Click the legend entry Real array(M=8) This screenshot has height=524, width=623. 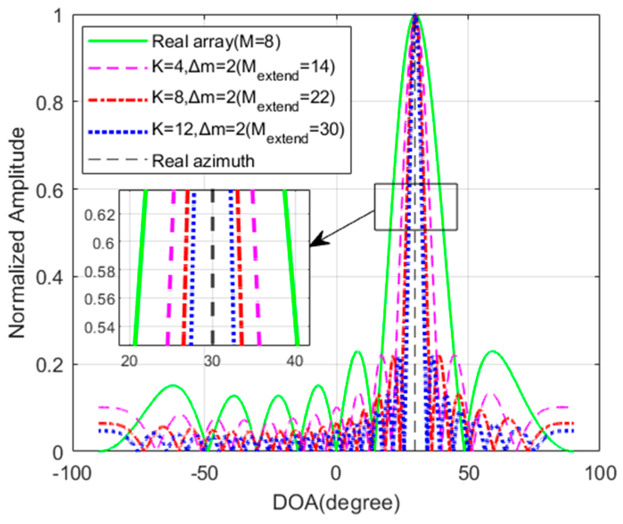click(216, 42)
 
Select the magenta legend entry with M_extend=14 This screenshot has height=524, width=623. click(243, 68)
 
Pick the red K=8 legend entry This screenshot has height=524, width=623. click(243, 98)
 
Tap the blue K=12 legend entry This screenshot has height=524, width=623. click(248, 130)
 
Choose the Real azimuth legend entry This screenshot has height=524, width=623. click(203, 161)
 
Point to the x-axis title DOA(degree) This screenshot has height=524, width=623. click(336, 503)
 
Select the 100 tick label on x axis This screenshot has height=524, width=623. click(600, 474)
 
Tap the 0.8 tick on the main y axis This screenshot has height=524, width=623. click(50, 103)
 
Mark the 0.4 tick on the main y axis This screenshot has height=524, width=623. click(50, 278)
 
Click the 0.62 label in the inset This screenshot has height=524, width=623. click(100, 215)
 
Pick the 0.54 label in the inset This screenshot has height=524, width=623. click(100, 328)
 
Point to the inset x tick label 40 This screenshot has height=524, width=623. click(295, 361)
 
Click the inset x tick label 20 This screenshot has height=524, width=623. click(129, 361)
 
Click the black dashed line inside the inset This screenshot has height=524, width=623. click(213, 268)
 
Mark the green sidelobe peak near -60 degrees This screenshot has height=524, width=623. click(173, 385)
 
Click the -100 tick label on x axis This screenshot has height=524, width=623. click(72, 474)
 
